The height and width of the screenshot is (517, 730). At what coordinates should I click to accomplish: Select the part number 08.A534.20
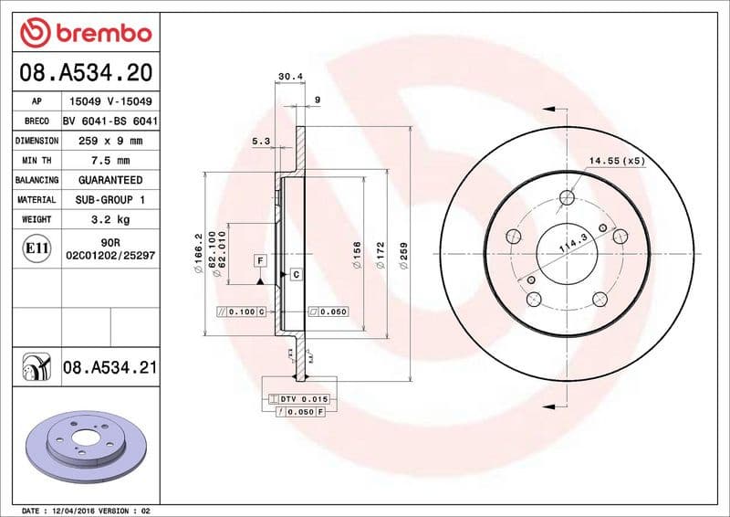84,70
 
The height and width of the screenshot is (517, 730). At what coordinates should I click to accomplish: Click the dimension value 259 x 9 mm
109,142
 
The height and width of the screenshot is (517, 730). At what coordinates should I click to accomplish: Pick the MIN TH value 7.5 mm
109,161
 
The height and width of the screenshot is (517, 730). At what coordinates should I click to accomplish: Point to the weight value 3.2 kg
109,219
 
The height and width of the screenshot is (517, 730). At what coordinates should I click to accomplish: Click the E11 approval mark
37,248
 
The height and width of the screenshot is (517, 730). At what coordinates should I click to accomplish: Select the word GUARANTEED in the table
109,180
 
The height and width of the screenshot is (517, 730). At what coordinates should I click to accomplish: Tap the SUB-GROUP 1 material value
109,199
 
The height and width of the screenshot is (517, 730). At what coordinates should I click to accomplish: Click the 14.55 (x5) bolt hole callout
617,161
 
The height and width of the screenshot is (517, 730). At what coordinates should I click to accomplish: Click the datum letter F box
261,261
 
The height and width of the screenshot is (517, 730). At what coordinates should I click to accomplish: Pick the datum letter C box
295,274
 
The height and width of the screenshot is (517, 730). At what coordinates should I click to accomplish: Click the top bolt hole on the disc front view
567,197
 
